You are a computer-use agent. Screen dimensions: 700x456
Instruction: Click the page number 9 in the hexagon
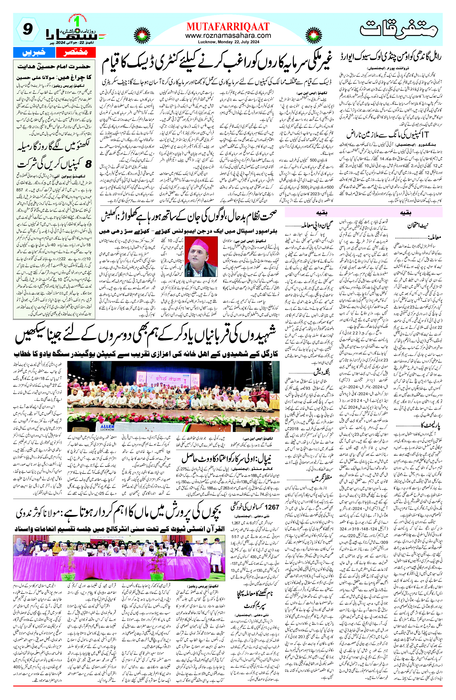tap(27, 29)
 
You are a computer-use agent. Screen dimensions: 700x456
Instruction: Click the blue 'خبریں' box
tap(34, 52)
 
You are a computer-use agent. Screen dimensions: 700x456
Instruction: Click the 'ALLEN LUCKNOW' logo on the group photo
tap(107, 427)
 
